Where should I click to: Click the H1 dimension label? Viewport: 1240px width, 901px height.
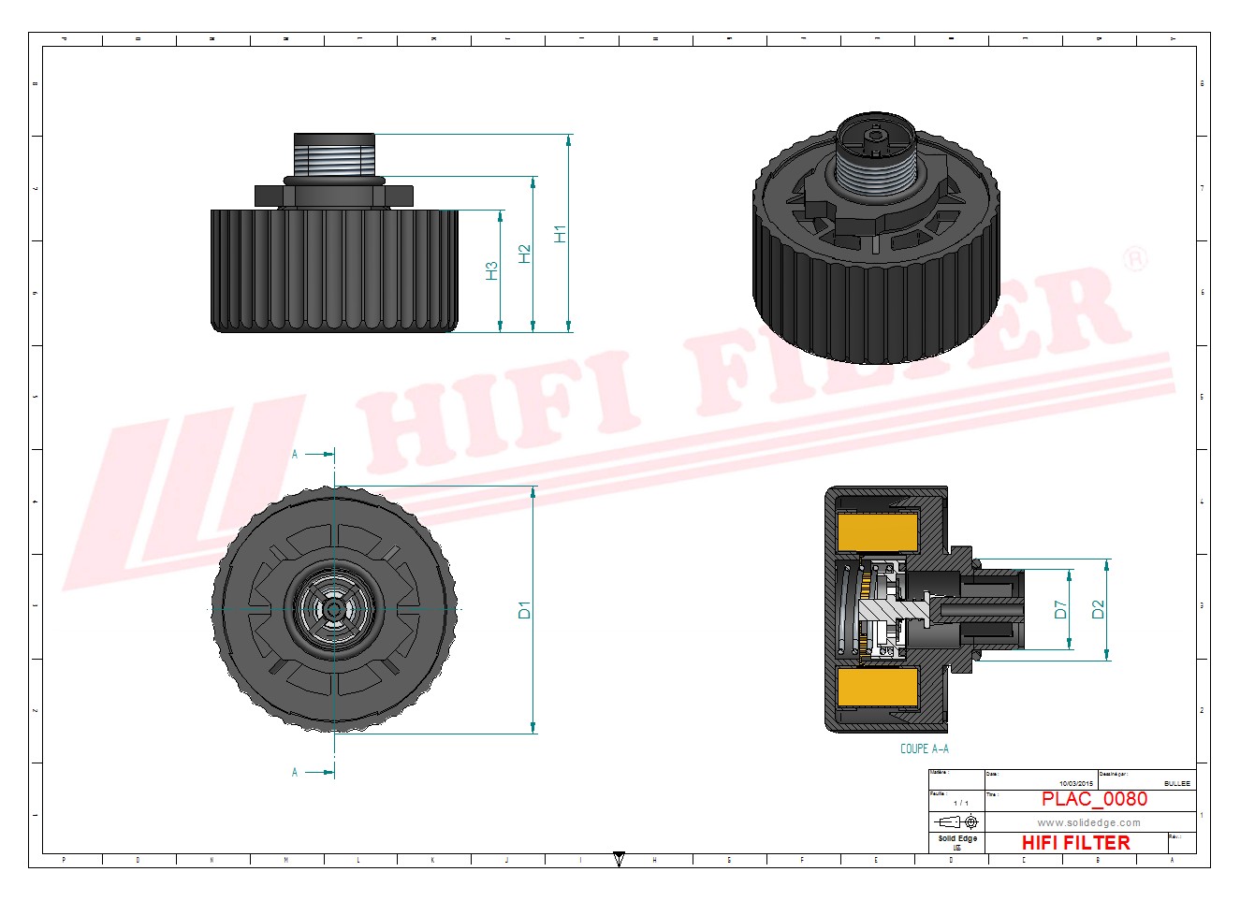(x=560, y=234)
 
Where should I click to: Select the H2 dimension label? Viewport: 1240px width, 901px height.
(x=524, y=254)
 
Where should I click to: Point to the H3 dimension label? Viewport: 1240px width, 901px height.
(x=491, y=270)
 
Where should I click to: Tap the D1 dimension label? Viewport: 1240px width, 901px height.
(x=524, y=610)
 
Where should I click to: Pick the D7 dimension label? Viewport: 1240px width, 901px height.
(x=1060, y=609)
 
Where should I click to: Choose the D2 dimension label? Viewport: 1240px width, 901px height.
(x=1099, y=609)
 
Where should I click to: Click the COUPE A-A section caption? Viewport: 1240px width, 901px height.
(x=924, y=748)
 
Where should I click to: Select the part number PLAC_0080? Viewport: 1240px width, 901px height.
(x=1094, y=799)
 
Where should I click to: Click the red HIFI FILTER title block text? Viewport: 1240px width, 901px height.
(x=1075, y=843)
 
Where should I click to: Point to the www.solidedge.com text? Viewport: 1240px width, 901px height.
(x=1088, y=822)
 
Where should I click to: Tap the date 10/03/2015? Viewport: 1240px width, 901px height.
(x=1075, y=783)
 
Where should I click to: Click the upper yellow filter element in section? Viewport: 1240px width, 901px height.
(x=878, y=532)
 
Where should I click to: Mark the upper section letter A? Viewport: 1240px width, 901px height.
(x=295, y=455)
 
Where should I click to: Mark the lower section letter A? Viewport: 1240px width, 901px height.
(x=295, y=773)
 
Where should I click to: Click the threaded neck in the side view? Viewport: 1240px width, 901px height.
(x=334, y=153)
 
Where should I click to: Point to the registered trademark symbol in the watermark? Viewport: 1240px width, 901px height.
(x=1134, y=258)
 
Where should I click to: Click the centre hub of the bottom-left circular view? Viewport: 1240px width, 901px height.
(x=334, y=609)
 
